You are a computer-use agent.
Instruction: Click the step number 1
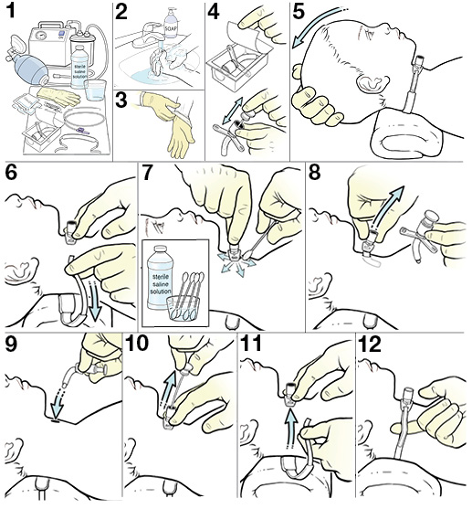click(x=14, y=14)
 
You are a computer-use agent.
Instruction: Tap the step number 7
click(x=152, y=176)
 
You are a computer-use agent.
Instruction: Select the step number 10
click(x=140, y=347)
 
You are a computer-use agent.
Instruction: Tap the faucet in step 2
click(x=145, y=48)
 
